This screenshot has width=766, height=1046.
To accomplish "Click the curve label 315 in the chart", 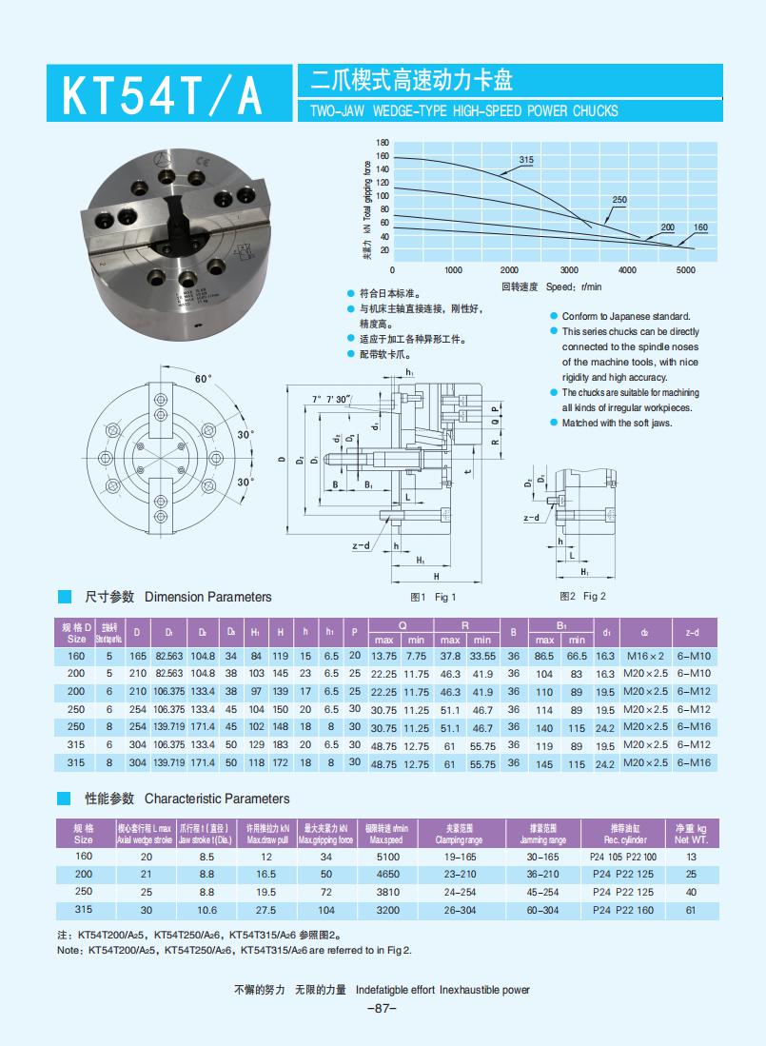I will [525, 160].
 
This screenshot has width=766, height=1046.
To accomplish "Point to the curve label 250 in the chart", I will [619, 200].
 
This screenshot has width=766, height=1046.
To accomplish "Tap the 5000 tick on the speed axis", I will [685, 270].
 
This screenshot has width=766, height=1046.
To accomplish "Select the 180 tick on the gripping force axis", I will [383, 142].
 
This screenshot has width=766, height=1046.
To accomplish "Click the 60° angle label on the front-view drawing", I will [203, 380].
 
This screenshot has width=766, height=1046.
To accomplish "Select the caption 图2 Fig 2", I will [582, 597].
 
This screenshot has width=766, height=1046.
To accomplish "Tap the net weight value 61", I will [691, 910].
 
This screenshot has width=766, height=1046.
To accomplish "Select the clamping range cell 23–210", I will [460, 874].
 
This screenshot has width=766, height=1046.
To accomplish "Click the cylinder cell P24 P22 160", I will [623, 910].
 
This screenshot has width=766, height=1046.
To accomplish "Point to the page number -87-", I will [381, 1008].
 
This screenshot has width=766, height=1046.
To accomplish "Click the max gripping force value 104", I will [326, 910].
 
